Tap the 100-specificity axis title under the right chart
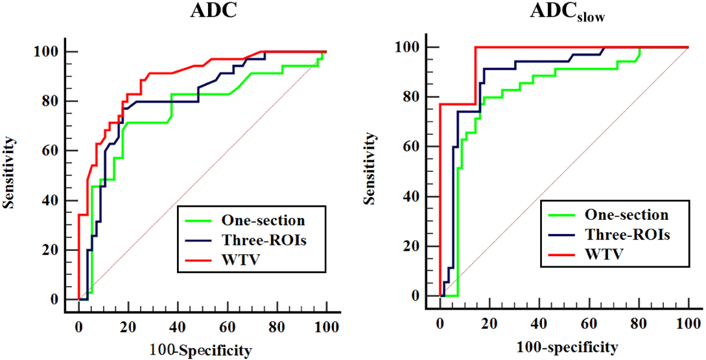click(x=563, y=345)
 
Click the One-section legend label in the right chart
click(x=626, y=214)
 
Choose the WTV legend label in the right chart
click(x=605, y=253)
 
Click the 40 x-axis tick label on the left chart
click(x=178, y=324)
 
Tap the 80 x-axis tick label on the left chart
click(x=277, y=324)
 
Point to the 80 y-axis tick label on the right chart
click(x=410, y=97)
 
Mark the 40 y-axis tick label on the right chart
click(x=410, y=197)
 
